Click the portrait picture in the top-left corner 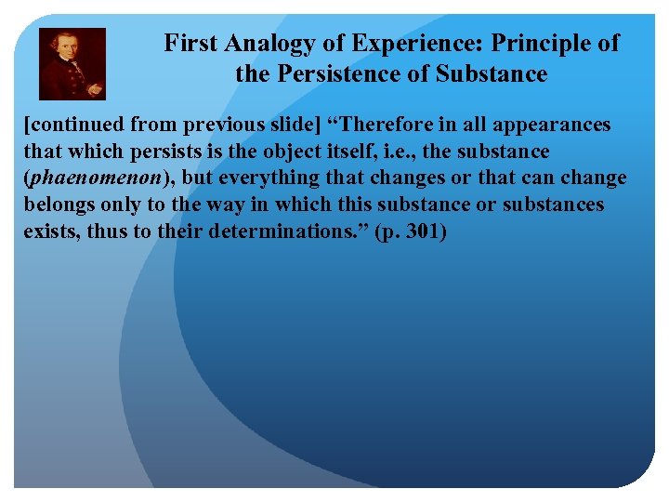pos(72,63)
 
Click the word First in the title pos(191,43)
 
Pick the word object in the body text pos(282,151)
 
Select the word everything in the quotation pos(269,178)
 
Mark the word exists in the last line pos(50,231)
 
